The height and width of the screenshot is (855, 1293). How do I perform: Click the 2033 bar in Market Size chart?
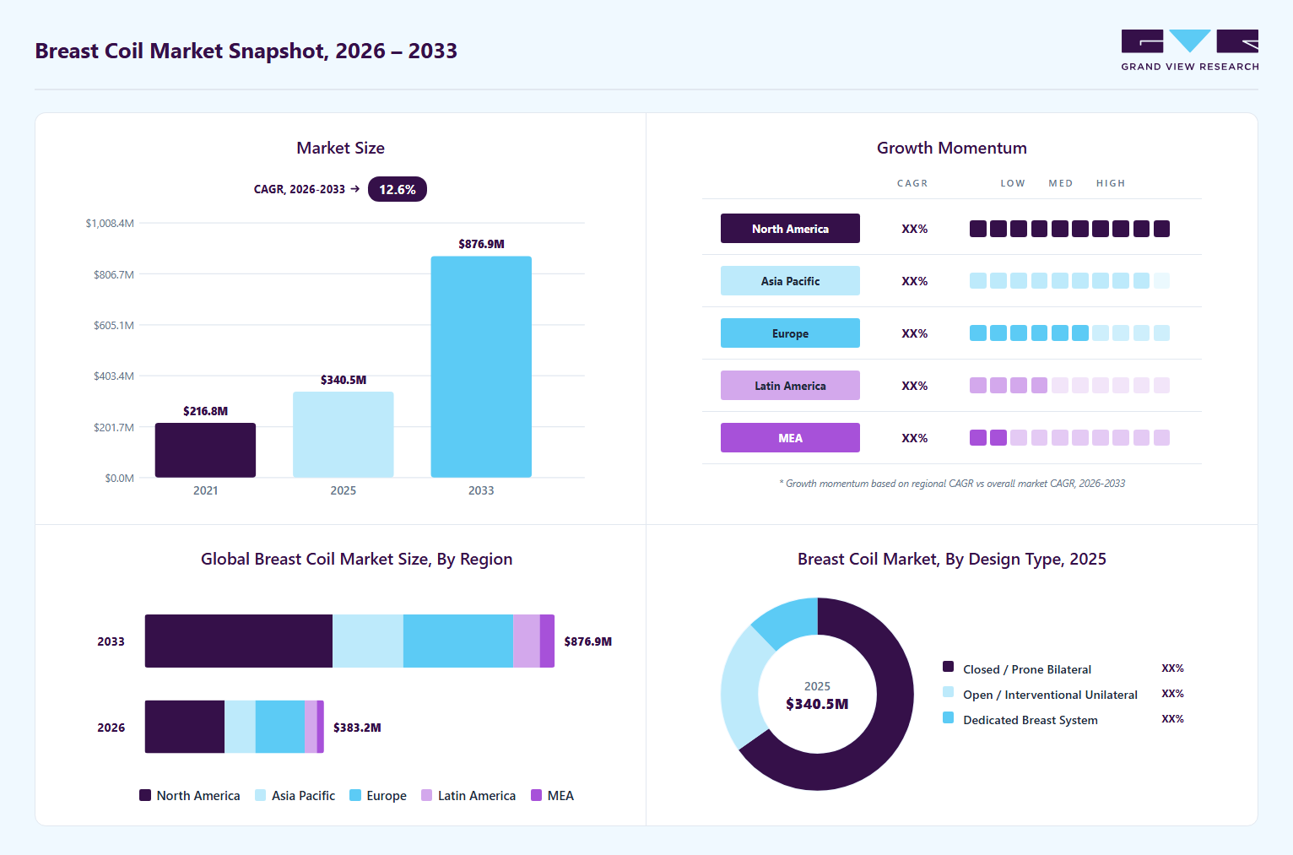pos(481,366)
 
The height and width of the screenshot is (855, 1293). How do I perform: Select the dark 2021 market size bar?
pos(205,451)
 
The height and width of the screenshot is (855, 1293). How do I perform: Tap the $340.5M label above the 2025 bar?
pos(344,380)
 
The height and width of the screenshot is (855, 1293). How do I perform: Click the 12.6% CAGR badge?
pos(398,189)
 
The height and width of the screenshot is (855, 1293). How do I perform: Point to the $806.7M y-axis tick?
pos(114,274)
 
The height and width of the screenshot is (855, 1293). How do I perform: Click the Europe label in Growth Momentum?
pos(790,333)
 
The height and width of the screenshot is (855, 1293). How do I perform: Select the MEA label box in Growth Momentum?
pos(790,437)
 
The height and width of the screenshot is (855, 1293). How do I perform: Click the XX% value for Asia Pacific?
pos(914,281)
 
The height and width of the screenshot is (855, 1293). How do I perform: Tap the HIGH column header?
pos(1111,183)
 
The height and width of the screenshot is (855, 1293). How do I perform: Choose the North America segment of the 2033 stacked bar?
pos(238,641)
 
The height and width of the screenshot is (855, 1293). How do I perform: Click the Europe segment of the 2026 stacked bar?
pos(280,727)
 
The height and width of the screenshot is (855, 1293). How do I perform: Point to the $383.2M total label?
pos(357,728)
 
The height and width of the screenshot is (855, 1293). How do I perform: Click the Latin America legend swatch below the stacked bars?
pos(426,795)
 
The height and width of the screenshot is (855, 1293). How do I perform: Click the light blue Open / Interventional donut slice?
pos(740,686)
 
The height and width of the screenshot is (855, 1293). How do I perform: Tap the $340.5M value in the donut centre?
pos(817,704)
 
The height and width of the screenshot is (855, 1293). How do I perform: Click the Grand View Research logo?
pos(1190,51)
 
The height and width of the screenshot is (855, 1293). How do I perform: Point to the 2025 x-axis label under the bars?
pos(343,490)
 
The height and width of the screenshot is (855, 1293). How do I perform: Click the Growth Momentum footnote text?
pos(952,484)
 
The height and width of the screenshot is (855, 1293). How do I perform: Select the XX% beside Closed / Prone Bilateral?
pos(1172,668)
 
